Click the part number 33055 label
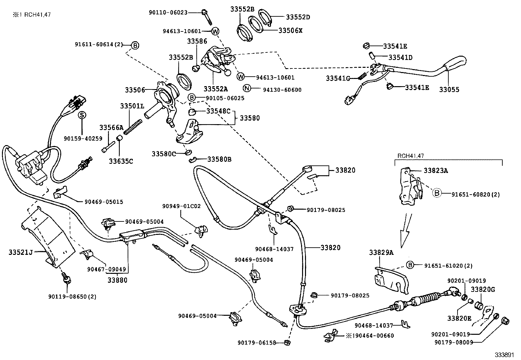(449, 89)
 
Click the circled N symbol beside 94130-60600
(247, 88)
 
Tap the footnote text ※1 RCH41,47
(32, 14)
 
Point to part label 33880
(117, 280)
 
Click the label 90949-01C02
(181, 206)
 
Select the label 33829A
(381, 253)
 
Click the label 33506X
(291, 30)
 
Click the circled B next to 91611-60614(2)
(135, 46)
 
